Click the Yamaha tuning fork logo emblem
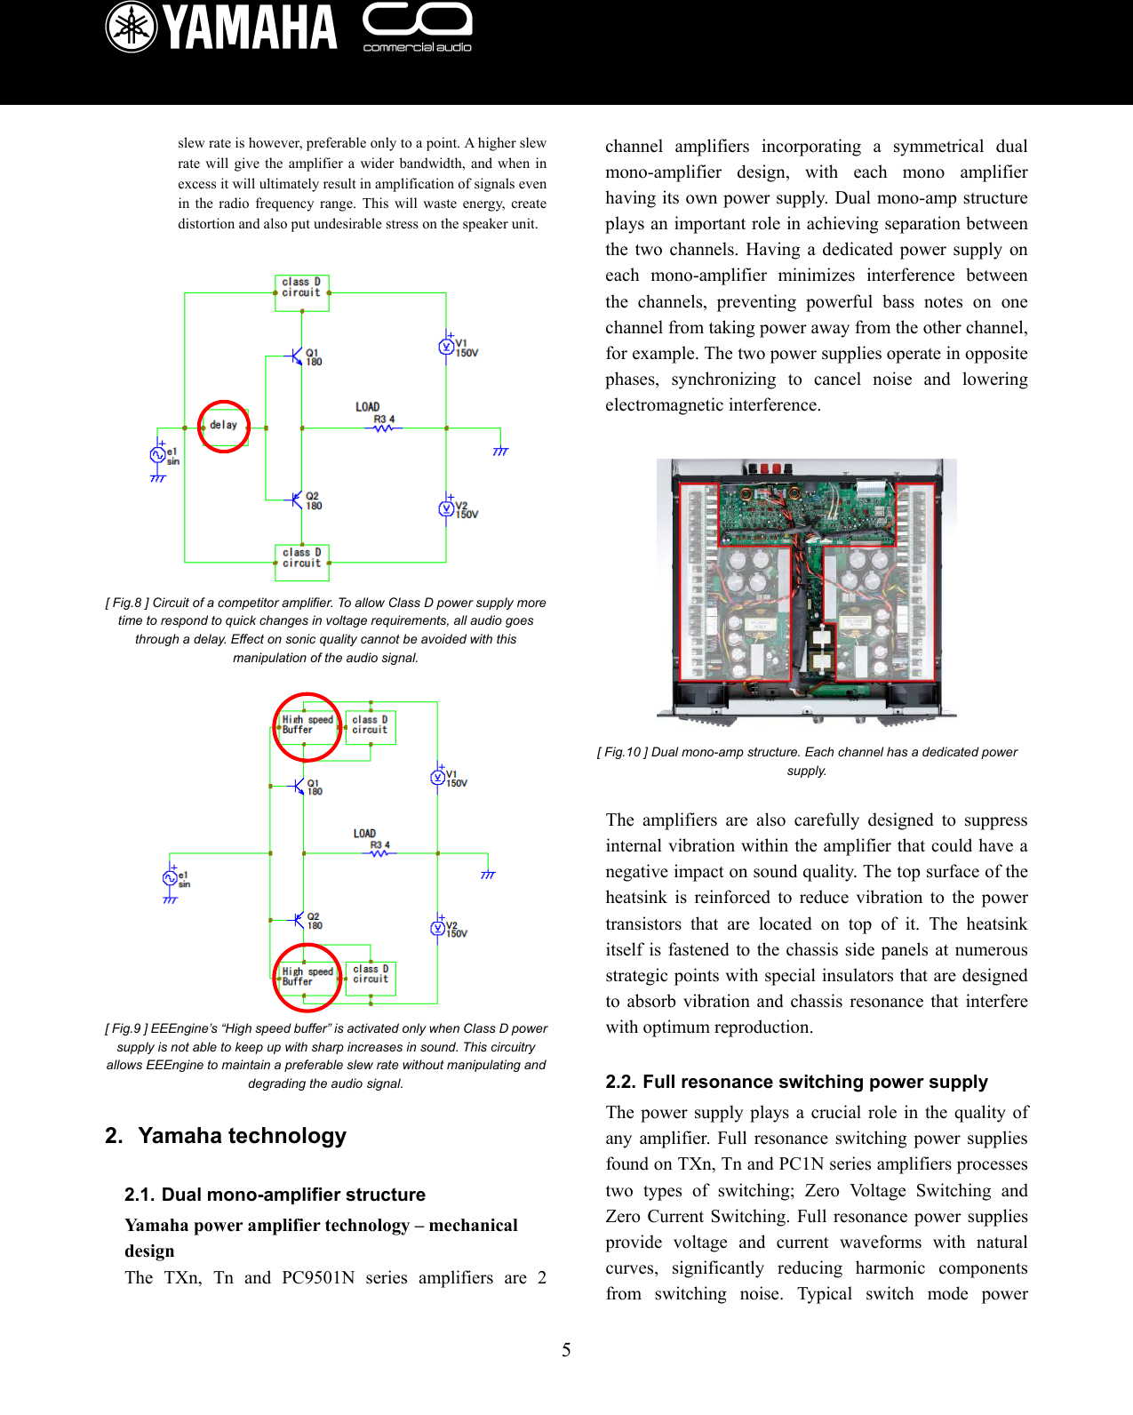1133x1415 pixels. click(132, 28)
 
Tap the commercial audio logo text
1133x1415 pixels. click(417, 47)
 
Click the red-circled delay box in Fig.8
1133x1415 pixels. click(224, 426)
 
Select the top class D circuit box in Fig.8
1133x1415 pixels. click(302, 288)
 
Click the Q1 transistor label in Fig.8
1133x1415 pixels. click(313, 357)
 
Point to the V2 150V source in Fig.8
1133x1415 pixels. click(448, 508)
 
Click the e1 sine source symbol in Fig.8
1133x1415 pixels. click(158, 455)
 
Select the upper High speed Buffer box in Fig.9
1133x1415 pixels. click(307, 725)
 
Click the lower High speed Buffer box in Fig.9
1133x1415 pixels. click(307, 977)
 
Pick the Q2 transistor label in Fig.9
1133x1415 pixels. click(314, 921)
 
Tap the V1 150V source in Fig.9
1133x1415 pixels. click(438, 778)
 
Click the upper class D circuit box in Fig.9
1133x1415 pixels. click(370, 725)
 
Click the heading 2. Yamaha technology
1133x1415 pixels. click(226, 1136)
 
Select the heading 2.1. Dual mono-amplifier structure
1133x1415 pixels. click(275, 1195)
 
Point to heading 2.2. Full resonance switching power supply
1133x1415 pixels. click(796, 1082)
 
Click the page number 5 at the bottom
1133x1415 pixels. click(566, 1350)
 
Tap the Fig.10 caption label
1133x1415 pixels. click(622, 752)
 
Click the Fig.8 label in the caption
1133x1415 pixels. click(127, 603)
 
